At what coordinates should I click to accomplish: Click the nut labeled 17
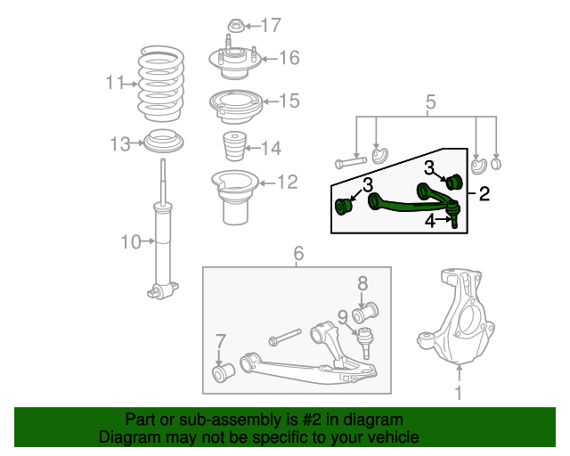[x=235, y=26]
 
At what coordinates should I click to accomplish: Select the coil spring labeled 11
[x=161, y=84]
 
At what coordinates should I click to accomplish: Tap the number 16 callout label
[x=289, y=58]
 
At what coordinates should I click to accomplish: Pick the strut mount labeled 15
[x=235, y=106]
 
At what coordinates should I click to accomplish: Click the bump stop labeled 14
[x=234, y=146]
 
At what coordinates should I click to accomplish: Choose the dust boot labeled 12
[x=235, y=198]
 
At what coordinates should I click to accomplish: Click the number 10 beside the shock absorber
[x=131, y=242]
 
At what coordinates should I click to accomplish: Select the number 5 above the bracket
[x=430, y=102]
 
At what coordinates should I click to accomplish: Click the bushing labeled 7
[x=224, y=372]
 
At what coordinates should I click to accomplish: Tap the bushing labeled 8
[x=365, y=313]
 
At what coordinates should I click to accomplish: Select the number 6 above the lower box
[x=298, y=253]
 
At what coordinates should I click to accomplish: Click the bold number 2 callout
[x=484, y=193]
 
